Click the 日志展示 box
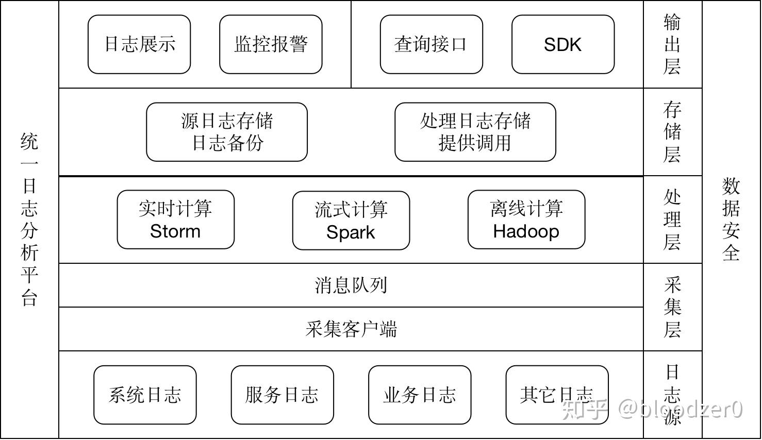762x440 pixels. pyautogui.click(x=139, y=44)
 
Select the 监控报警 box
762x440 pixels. pyautogui.click(x=271, y=44)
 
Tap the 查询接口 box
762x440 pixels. pyautogui.click(x=431, y=44)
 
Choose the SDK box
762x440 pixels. pyautogui.click(x=562, y=44)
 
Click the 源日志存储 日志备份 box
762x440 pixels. pyautogui.click(x=227, y=132)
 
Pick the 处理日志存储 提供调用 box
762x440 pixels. pyautogui.click(x=475, y=132)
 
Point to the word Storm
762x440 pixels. pyautogui.click(x=175, y=231)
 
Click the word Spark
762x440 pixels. pyautogui.click(x=351, y=232)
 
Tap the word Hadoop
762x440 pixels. pyautogui.click(x=526, y=231)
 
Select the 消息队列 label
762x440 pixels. pyautogui.click(x=351, y=285)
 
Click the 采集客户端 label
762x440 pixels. pyautogui.click(x=351, y=329)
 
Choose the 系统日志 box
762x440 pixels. pyautogui.click(x=145, y=395)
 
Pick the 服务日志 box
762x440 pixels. pyautogui.click(x=282, y=395)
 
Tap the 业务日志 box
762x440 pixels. pyautogui.click(x=420, y=395)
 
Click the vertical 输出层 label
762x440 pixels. pyautogui.click(x=672, y=44)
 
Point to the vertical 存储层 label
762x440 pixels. pyautogui.click(x=672, y=132)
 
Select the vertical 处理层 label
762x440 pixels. pyautogui.click(x=672, y=219)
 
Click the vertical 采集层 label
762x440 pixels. pyautogui.click(x=672, y=307)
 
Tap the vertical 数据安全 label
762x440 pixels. pyautogui.click(x=731, y=219)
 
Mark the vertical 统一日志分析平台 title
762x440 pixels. pyautogui.click(x=29, y=219)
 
